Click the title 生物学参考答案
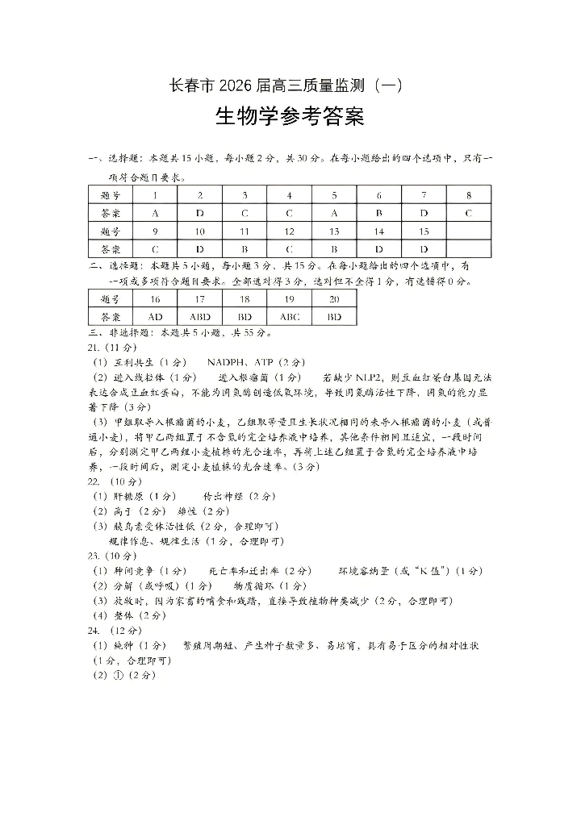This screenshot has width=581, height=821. click(x=290, y=118)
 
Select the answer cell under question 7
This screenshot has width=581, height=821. click(x=424, y=214)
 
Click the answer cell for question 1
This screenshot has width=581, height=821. click(x=155, y=214)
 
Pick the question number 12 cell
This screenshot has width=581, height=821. click(x=290, y=231)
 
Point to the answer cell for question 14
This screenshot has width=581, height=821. click(x=378, y=249)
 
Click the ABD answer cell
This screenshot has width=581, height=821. click(x=200, y=317)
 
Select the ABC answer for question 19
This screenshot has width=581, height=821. click(x=290, y=317)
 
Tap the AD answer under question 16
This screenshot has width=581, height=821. click(x=155, y=317)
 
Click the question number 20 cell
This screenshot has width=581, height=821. click(x=334, y=299)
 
